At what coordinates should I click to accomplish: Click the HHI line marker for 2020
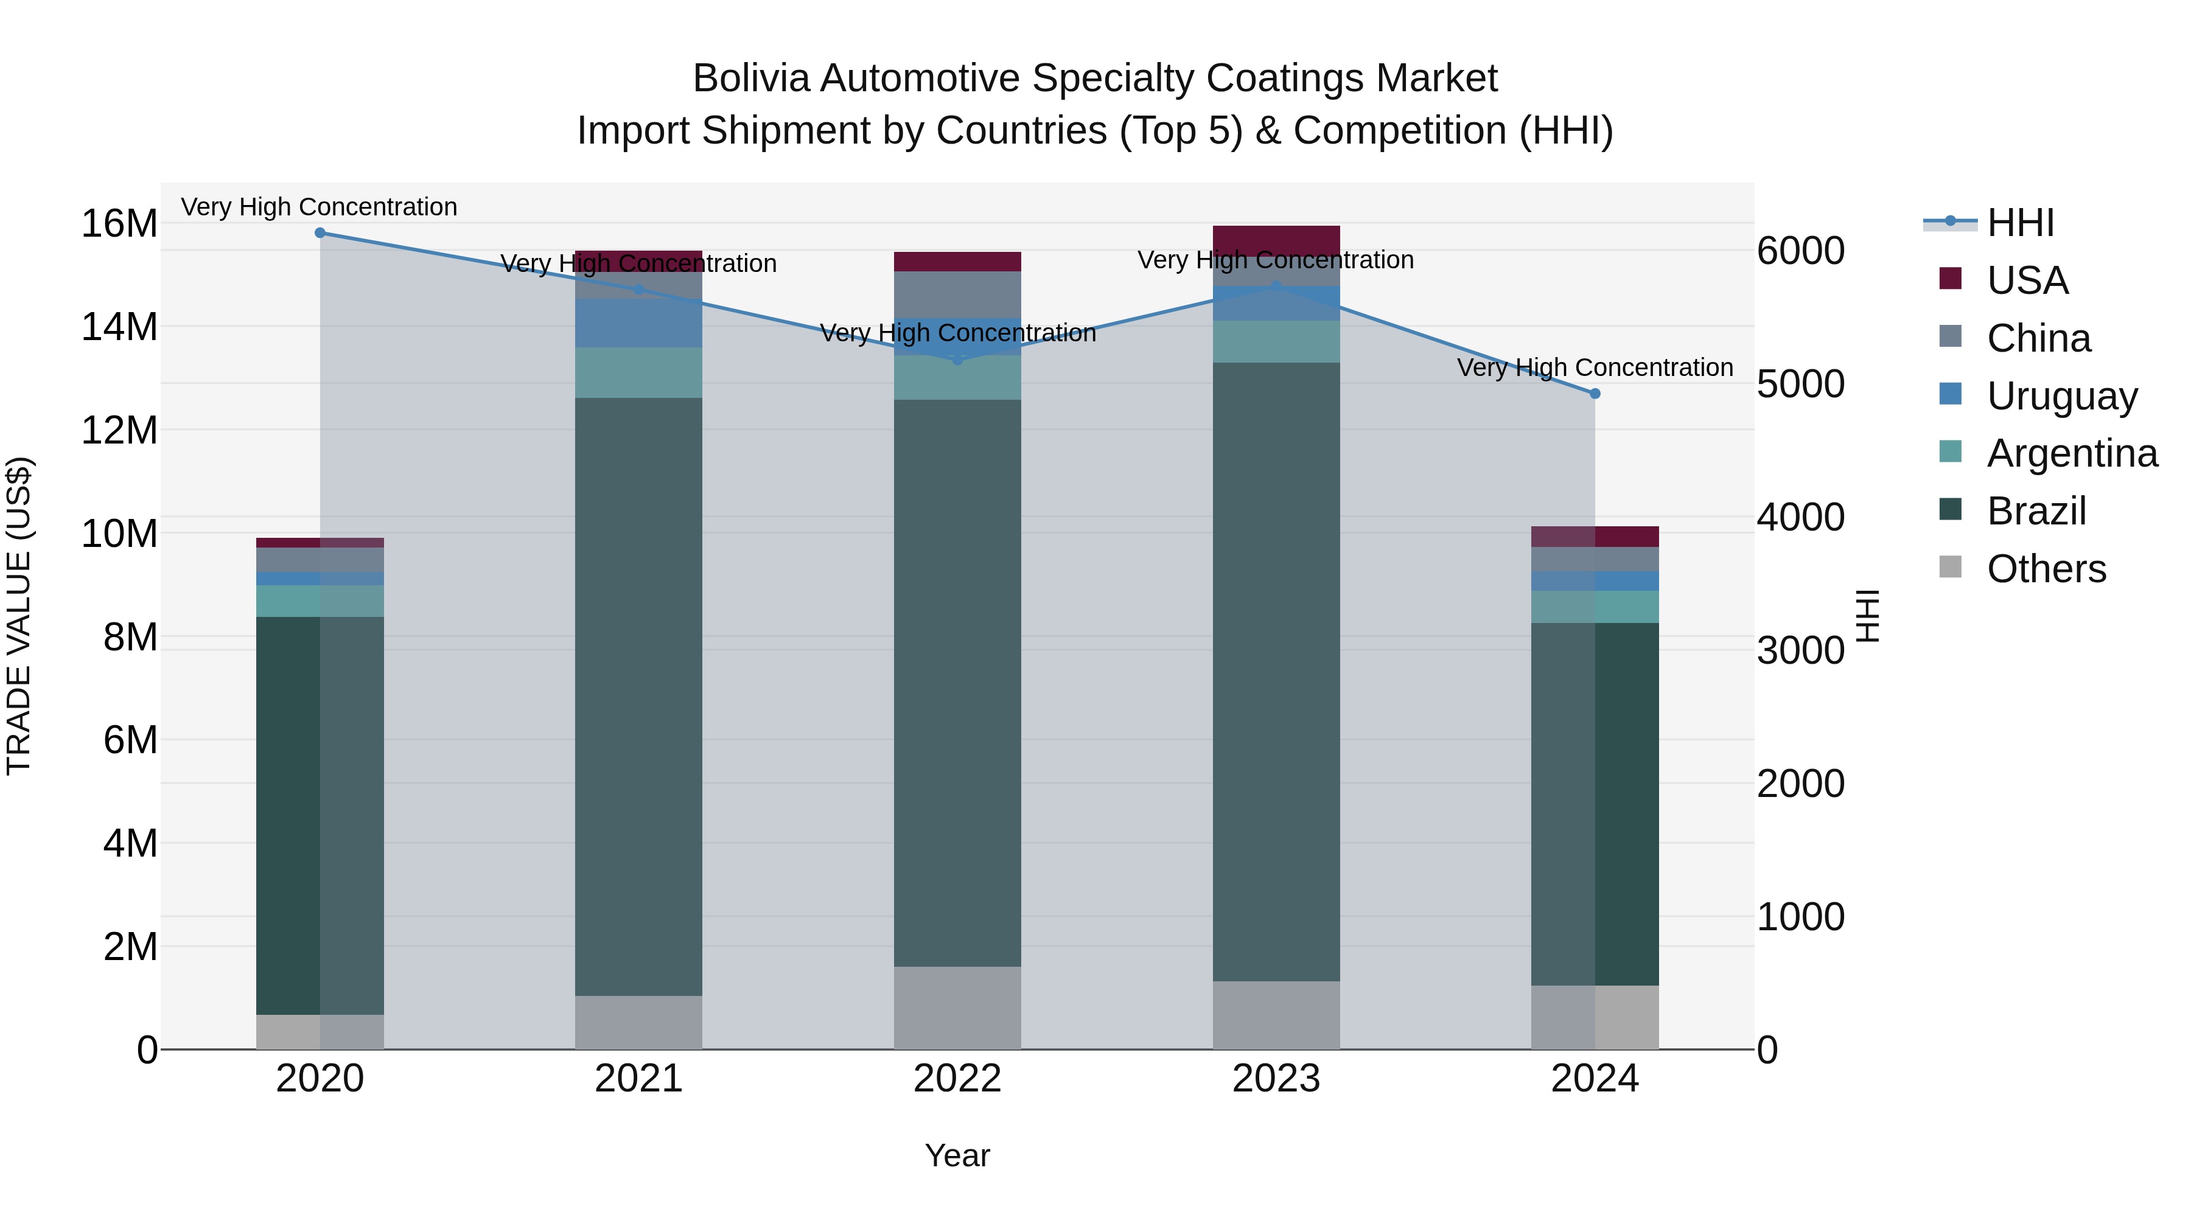[320, 233]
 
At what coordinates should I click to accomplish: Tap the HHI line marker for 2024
[1595, 394]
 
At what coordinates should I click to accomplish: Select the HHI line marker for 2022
[958, 360]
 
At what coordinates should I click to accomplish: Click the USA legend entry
[2027, 280]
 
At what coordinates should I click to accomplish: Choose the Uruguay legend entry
[2062, 396]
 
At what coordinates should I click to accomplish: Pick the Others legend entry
[2046, 569]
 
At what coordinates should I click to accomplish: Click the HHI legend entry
[2020, 223]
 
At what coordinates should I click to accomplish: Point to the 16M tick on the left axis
[119, 224]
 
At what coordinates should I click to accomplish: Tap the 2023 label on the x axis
[1276, 1079]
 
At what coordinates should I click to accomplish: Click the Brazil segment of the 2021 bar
[639, 697]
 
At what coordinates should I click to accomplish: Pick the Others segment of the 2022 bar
[958, 1008]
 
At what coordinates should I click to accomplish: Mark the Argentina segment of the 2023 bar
[1276, 342]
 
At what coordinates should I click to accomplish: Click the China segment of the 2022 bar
[958, 294]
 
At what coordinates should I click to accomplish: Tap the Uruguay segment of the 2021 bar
[639, 323]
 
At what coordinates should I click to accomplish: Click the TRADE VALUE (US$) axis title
[19, 616]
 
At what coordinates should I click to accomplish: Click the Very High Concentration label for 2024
[1595, 367]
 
